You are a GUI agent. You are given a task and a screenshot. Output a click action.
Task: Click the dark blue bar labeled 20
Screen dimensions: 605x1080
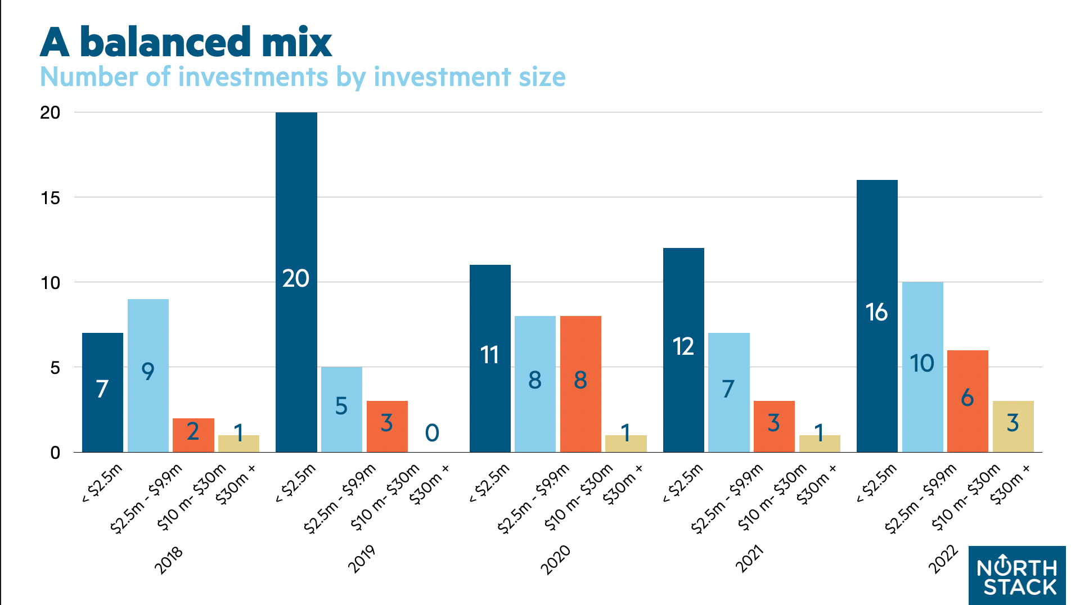[296, 281]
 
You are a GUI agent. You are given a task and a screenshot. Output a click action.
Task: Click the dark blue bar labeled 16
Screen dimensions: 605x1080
[877, 315]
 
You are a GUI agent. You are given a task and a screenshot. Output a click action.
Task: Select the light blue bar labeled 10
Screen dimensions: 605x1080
[922, 366]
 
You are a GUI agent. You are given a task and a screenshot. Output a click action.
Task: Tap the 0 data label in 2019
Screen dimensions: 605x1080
[432, 433]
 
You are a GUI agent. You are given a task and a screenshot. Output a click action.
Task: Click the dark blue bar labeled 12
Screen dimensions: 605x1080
[683, 349]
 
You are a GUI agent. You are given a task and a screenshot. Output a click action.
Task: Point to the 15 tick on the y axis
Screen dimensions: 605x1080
[50, 198]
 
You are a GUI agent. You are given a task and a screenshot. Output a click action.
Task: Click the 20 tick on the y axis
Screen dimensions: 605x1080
[50, 113]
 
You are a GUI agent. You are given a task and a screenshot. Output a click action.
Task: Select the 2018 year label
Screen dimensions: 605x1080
[169, 560]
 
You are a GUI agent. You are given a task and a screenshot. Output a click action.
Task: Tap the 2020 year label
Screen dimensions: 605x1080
[556, 560]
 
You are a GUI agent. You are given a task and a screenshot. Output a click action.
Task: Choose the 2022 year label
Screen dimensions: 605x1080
[943, 560]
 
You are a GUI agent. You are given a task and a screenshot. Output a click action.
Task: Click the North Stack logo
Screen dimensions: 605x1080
[1017, 575]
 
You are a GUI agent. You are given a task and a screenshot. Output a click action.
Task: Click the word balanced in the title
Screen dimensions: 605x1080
[165, 43]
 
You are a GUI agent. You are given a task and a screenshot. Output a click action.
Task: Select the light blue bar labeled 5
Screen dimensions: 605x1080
[341, 409]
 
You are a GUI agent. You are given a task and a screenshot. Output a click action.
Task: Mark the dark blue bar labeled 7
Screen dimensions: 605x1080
[102, 392]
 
